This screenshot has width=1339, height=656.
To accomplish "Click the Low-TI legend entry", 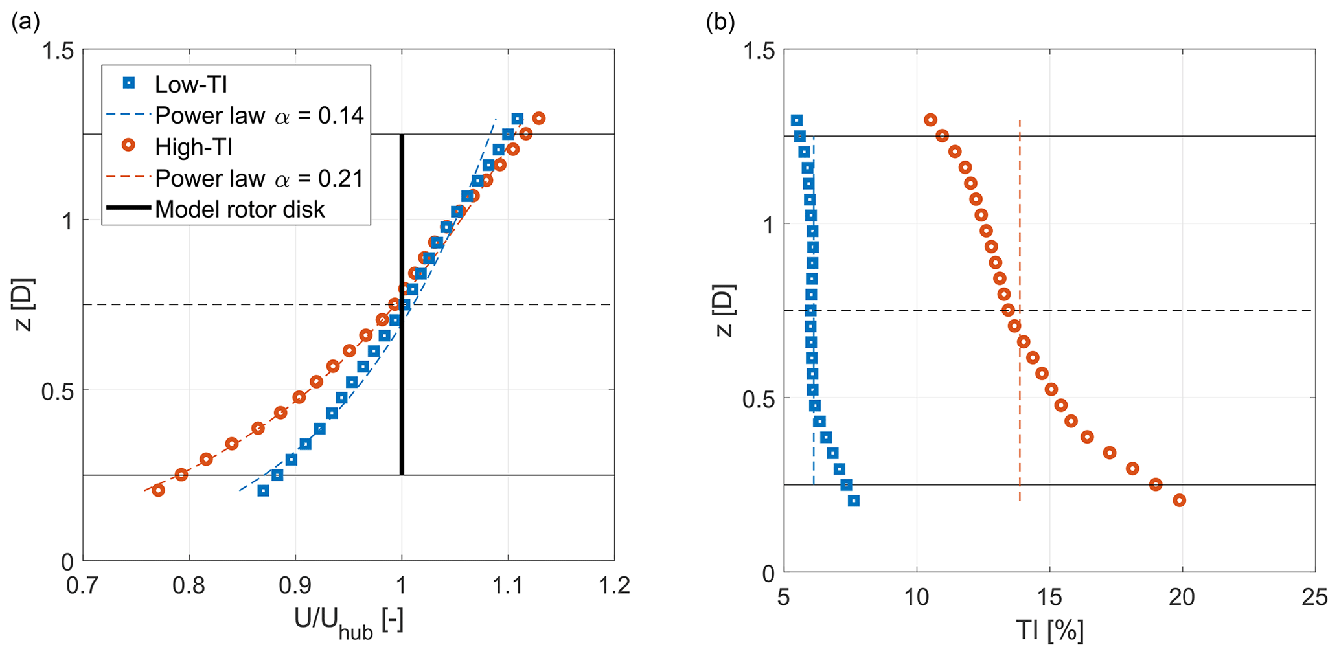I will tap(190, 84).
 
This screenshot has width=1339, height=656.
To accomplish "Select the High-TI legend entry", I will tap(194, 147).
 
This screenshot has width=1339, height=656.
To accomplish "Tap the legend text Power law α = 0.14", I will tap(259, 115).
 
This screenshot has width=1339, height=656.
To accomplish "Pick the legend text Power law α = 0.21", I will tap(259, 178).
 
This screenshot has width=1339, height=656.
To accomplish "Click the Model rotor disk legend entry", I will tap(240, 209).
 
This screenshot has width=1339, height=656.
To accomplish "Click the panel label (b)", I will tap(720, 23).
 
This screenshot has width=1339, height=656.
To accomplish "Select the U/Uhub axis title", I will tap(349, 624).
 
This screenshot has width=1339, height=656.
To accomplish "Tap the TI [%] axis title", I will tap(1049, 630).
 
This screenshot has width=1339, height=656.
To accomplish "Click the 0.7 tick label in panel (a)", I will tap(82, 587).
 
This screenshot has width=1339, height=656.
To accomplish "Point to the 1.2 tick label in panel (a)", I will tap(613, 587).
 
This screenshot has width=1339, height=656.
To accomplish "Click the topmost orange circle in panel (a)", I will tap(538, 119).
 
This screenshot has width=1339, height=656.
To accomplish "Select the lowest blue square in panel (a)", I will tap(263, 491).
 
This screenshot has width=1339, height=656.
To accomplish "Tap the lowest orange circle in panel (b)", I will tap(1179, 500).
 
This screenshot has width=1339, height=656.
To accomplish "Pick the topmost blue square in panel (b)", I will tap(797, 120).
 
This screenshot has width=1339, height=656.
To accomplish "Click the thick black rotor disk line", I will tap(402, 304).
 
